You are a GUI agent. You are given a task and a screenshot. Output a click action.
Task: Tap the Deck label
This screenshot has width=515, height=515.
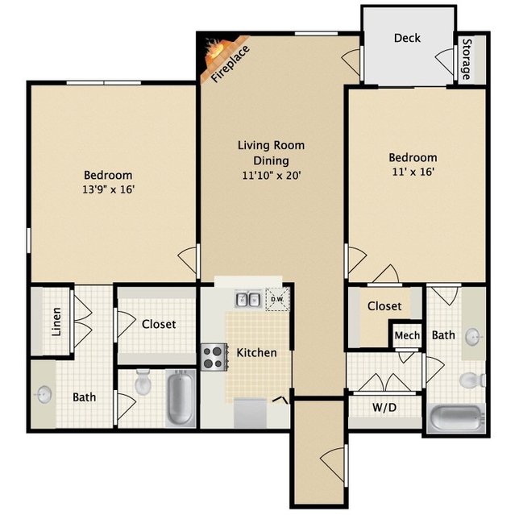(407, 38)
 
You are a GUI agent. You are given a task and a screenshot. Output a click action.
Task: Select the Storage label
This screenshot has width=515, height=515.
(467, 59)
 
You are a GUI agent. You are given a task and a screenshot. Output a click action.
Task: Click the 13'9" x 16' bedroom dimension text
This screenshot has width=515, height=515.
(108, 189)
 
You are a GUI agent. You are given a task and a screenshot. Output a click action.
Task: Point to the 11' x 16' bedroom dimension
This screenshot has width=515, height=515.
(413, 172)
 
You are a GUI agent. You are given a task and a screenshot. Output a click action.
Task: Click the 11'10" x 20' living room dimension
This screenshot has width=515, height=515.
(272, 176)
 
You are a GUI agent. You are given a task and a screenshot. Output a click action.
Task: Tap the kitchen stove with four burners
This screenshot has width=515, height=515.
(214, 357)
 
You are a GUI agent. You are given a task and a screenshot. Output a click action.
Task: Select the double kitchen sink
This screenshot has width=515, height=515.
(248, 300)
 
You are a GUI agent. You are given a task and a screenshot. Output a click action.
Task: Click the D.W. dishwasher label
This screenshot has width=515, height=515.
(277, 300)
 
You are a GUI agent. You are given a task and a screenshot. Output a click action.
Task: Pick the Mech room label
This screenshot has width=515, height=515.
(407, 335)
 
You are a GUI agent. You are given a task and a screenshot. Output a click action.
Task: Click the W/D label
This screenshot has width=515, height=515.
(384, 408)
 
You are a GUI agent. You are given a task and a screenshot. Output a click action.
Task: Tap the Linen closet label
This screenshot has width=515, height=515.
(56, 322)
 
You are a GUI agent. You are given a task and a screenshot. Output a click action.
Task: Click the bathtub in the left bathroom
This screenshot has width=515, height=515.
(180, 397)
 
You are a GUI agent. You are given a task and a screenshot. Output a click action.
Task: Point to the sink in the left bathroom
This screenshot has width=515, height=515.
(44, 394)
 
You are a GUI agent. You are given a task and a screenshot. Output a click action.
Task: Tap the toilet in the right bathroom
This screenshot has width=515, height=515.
(472, 380)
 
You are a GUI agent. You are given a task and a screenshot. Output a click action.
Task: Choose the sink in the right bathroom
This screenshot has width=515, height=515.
(474, 337)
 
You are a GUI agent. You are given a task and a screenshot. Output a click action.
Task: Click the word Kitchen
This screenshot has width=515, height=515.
(256, 353)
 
